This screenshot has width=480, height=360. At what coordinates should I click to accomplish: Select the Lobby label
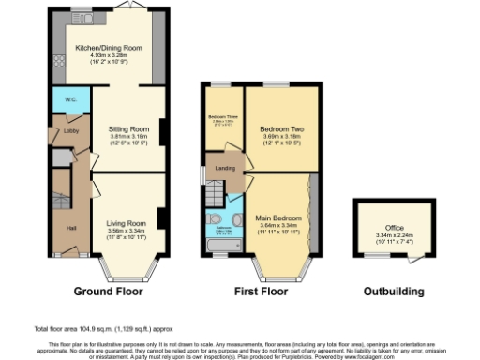(x=70, y=131)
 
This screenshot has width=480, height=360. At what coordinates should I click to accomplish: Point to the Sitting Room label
(x=127, y=128)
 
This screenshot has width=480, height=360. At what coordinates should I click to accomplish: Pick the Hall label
(x=71, y=228)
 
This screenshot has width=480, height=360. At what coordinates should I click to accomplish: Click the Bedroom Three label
(x=223, y=117)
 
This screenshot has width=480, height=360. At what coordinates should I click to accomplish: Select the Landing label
(x=225, y=169)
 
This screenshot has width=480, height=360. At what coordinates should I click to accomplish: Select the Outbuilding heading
(x=394, y=292)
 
